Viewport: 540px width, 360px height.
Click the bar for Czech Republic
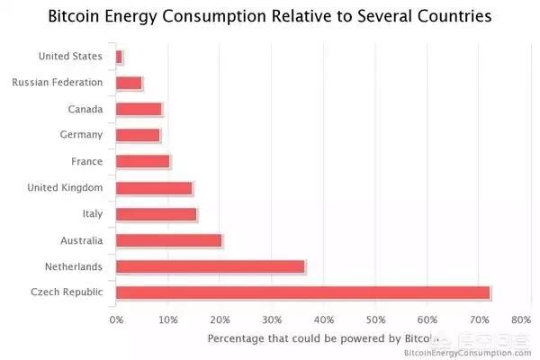[302, 292]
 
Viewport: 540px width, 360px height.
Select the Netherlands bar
[211, 266]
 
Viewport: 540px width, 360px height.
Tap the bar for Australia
[168, 240]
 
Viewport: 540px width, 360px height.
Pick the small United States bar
[119, 57]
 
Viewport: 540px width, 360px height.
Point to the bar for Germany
[138, 135]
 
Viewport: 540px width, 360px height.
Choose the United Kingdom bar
[154, 188]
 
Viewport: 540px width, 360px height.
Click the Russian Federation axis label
[58, 83]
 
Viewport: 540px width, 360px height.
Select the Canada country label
[85, 109]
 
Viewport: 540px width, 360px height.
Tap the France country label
[87, 161]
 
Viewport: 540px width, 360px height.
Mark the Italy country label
[92, 214]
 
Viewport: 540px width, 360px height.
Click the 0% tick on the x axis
[116, 319]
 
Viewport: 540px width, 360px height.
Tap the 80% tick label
[520, 319]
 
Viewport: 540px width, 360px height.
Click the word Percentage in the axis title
[241, 339]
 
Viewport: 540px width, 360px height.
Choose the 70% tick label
[480, 319]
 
